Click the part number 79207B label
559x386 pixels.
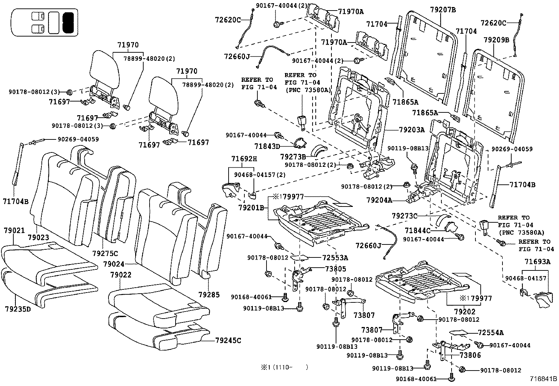(x=442, y=10)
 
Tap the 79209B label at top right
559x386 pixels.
(x=496, y=40)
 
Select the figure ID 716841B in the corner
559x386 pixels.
(x=543, y=379)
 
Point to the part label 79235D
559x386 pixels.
(x=18, y=309)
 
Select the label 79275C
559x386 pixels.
(x=105, y=253)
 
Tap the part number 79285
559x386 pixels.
(x=209, y=294)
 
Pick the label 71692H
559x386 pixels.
(x=244, y=159)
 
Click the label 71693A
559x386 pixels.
(x=537, y=261)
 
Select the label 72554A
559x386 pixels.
(x=491, y=333)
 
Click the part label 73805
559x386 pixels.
(x=335, y=269)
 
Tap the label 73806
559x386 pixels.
(x=470, y=355)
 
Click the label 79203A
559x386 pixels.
(x=412, y=130)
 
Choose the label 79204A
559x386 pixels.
(x=379, y=200)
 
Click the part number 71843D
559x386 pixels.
(x=267, y=146)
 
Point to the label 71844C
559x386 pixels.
(x=417, y=230)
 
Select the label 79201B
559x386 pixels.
(x=251, y=208)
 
